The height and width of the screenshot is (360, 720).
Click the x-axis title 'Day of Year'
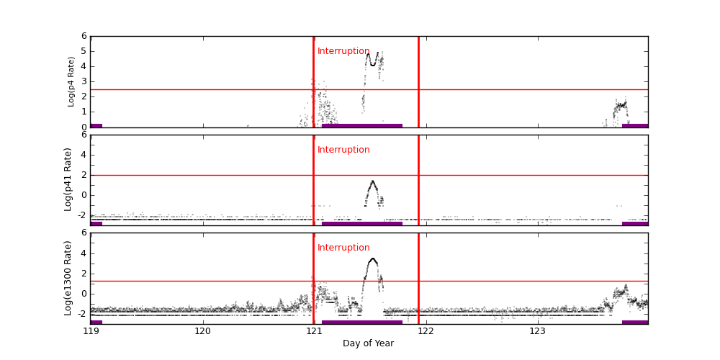[x=368, y=343]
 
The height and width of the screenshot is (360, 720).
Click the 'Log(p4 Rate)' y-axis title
[x=71, y=81]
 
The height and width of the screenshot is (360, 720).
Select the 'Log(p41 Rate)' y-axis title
[x=68, y=179]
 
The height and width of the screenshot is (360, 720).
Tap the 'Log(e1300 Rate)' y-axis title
[x=68, y=278]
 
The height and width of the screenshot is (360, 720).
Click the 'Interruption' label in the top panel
[x=343, y=51]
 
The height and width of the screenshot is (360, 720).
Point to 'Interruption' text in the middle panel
[x=343, y=150]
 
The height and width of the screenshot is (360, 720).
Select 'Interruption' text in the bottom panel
[x=343, y=248]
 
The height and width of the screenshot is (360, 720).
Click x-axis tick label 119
[x=91, y=332]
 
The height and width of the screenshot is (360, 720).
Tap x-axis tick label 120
[x=202, y=332]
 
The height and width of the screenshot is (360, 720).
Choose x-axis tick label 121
[x=314, y=332]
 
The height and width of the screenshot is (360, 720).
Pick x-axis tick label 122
[x=426, y=332]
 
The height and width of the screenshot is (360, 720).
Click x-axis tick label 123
[x=537, y=332]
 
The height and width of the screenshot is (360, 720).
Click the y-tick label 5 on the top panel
[x=84, y=51]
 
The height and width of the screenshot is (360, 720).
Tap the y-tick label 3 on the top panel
[x=84, y=81]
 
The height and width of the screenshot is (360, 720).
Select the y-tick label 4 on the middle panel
[x=84, y=154]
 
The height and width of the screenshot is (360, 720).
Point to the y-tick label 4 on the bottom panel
[x=84, y=253]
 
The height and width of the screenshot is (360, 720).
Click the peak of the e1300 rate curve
[x=372, y=258]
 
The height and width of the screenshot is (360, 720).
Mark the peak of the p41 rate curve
[x=372, y=181]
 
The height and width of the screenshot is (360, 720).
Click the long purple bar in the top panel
[x=362, y=125]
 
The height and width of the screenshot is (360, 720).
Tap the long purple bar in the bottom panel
[x=362, y=322]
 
